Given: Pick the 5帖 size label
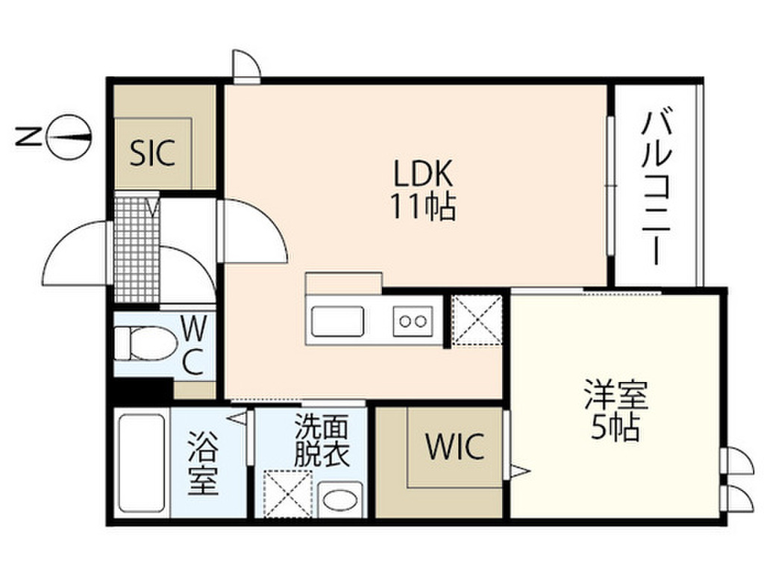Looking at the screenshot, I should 616,427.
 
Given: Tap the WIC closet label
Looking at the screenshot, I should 454,447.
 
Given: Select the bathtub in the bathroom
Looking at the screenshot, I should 142,463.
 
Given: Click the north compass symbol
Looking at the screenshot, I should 69,135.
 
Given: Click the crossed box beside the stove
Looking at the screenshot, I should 477,320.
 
